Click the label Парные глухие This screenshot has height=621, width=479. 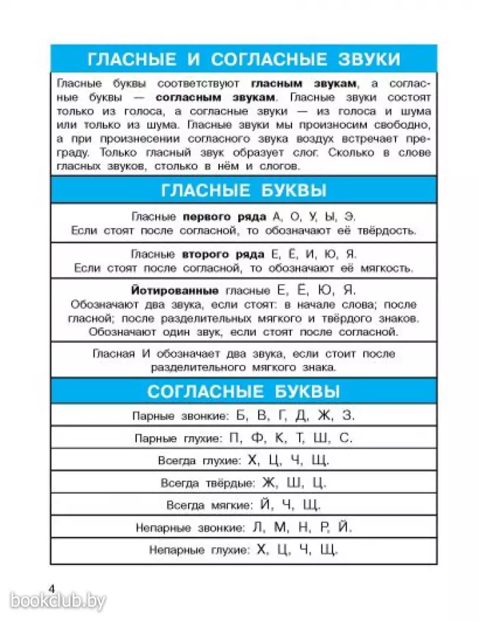178,438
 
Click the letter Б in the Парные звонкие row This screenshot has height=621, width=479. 239,416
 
